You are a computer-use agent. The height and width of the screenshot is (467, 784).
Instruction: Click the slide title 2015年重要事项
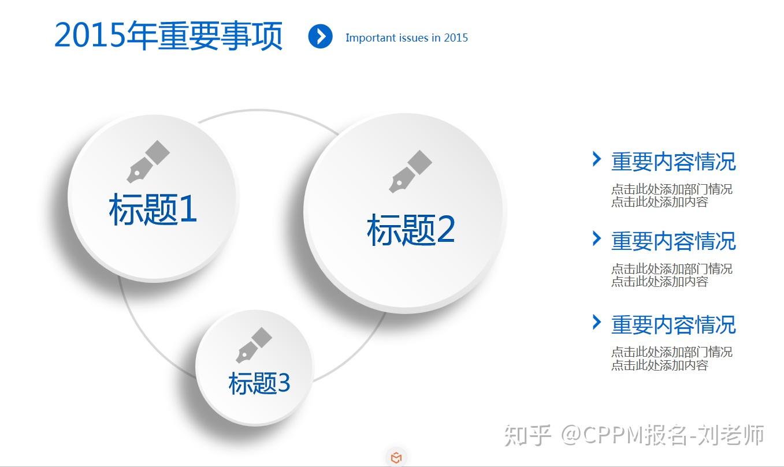pos(168,36)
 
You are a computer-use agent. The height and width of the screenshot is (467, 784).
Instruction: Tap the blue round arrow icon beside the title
pos(320,36)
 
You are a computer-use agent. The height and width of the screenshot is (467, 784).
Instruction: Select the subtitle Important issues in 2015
pos(407,38)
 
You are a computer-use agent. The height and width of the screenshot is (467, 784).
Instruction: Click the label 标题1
pos(153,209)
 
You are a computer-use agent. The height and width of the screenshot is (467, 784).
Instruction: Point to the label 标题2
pos(411,230)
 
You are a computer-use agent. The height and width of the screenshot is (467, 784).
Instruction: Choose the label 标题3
pos(259,383)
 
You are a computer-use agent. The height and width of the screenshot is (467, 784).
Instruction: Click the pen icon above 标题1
pos(148,162)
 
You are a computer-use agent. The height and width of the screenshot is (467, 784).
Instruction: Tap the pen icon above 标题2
pos(410,171)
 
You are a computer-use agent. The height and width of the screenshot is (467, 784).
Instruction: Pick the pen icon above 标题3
pos(254,345)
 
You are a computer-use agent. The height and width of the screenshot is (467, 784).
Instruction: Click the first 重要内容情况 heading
pos(674,162)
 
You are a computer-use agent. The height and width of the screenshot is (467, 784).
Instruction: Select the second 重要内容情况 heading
pos(674,241)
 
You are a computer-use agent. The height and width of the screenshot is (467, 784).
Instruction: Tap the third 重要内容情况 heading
pos(674,324)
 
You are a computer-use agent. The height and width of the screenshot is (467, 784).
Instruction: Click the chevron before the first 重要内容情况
pos(597,159)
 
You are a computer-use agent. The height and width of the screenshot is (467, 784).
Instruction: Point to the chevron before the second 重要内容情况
pos(597,238)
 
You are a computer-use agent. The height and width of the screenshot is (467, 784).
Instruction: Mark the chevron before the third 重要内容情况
pos(597,322)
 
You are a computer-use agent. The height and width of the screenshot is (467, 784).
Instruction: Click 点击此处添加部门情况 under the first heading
pos(672,189)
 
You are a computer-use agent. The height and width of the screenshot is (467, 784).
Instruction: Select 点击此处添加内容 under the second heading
pos(660,282)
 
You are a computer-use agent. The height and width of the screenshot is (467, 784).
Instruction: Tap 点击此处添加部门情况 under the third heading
pos(672,352)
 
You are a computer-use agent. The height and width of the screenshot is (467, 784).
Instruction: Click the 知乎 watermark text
pos(527,435)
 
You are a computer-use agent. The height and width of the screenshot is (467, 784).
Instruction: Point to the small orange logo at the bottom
pos(396,458)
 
